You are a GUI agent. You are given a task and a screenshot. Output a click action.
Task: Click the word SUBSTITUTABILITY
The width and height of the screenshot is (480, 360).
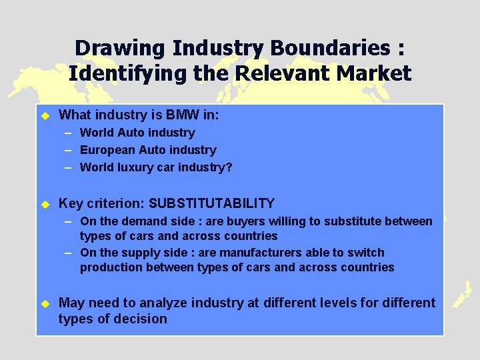coord(211,203)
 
